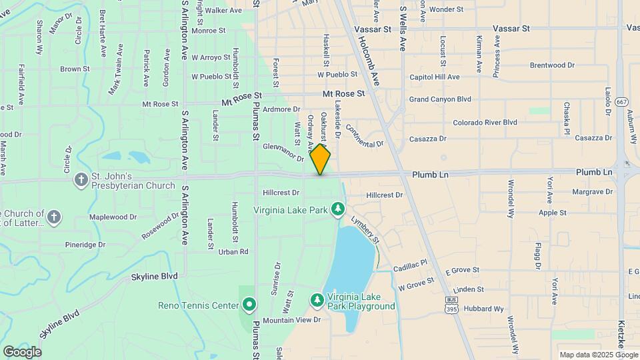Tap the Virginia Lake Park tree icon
tap(338, 210)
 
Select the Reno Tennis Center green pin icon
tap(249, 305)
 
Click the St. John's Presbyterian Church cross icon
tap(81, 179)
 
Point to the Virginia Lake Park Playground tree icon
tap(317, 301)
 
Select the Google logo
tap(22, 351)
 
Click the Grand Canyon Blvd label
tap(440, 99)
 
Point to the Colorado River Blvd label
tap(485, 123)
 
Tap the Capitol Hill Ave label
tap(435, 77)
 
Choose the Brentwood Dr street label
tap(552, 65)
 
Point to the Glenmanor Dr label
tap(283, 152)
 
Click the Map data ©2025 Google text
tap(598, 355)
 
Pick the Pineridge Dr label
tap(85, 245)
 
